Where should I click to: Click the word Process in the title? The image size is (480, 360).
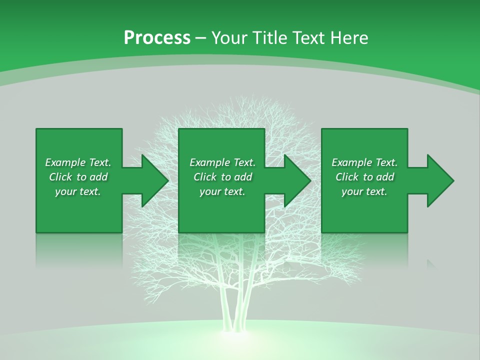point(157,38)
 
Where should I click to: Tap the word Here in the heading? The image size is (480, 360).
point(349,38)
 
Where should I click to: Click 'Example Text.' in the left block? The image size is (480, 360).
point(78,162)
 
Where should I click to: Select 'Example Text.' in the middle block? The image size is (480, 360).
point(222,162)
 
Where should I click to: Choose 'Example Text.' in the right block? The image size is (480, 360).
point(364,162)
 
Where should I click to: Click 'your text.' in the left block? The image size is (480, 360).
point(78,191)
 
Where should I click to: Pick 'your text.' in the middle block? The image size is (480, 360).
point(222,191)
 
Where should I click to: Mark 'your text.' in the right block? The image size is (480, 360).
point(364,191)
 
